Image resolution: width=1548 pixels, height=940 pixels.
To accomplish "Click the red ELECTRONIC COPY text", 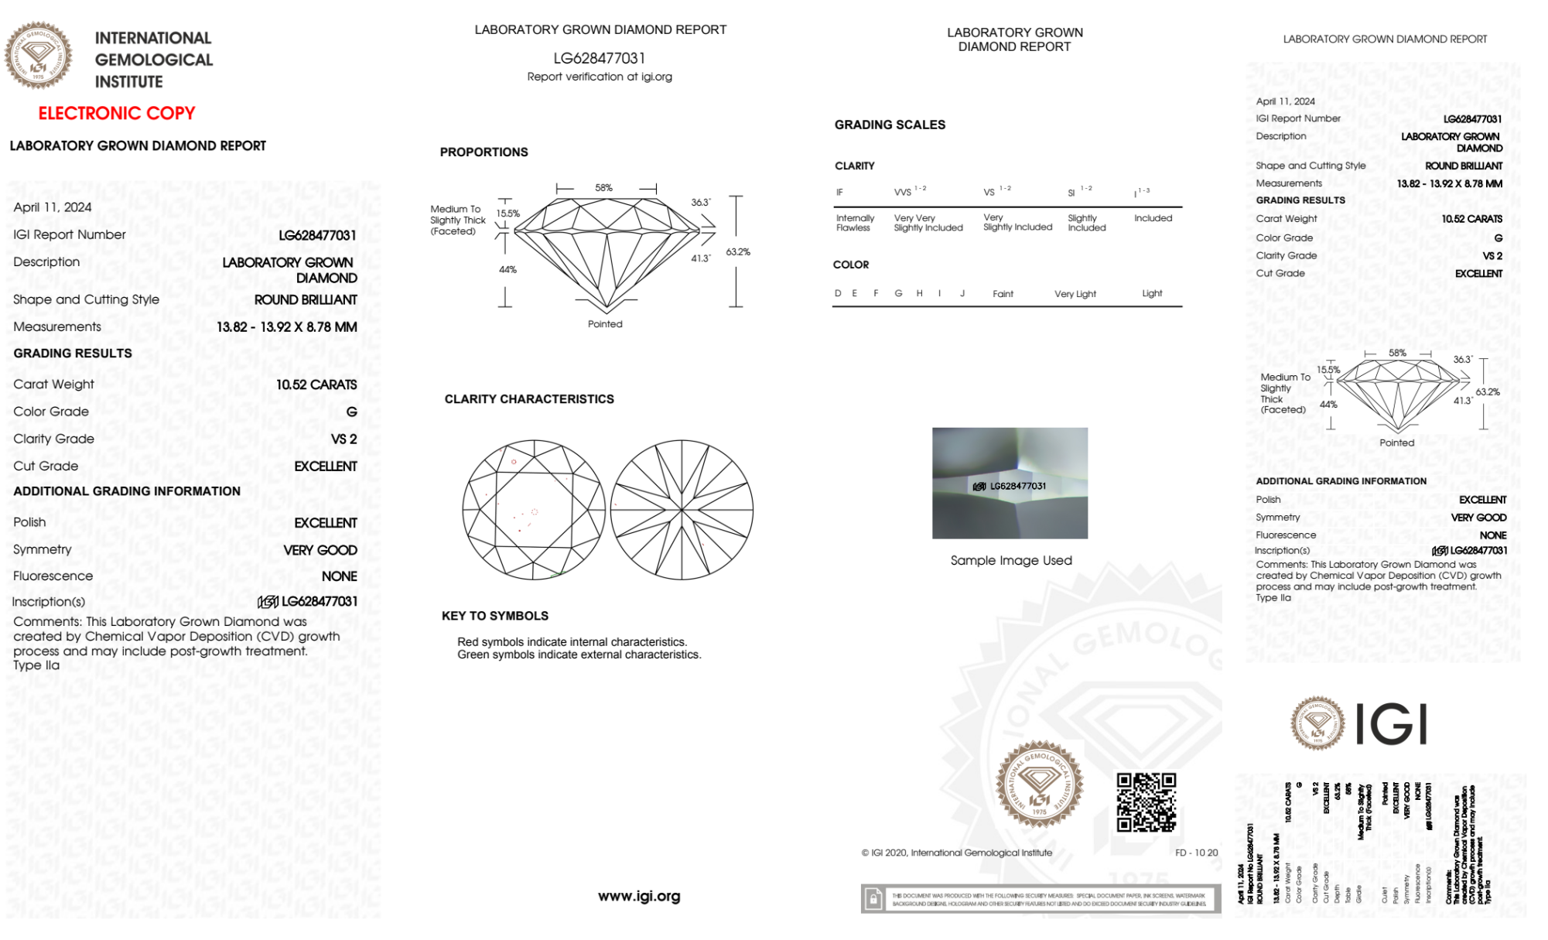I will click(117, 113).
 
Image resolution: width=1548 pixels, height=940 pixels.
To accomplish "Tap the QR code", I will click(1146, 802).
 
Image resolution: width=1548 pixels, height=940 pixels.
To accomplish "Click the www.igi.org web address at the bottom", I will click(639, 896).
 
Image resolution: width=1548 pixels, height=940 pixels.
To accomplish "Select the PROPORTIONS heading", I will click(484, 152).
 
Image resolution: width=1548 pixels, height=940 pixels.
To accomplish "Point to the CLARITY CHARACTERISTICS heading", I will click(529, 398).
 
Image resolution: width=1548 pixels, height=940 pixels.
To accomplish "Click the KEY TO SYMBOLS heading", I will click(495, 616).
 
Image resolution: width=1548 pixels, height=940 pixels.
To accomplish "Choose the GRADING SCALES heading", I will click(890, 125).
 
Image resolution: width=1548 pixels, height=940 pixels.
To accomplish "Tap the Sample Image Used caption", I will click(1011, 560).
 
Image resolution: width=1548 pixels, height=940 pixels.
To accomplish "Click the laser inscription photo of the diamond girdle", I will click(1010, 483).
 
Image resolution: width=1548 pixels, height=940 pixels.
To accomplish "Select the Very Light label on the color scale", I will click(1075, 294).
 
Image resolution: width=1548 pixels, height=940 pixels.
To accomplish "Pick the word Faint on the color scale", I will click(1003, 294).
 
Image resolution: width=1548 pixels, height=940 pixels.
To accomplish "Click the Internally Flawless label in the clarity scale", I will click(854, 223).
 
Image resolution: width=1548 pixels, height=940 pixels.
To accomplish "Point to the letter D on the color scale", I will click(838, 293).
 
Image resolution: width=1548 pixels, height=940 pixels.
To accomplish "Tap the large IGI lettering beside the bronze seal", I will click(1392, 725).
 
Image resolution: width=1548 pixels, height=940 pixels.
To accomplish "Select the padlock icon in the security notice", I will click(873, 899).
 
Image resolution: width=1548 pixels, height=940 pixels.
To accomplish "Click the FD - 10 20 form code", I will click(1196, 853).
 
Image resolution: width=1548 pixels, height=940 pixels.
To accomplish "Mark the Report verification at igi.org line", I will click(600, 77).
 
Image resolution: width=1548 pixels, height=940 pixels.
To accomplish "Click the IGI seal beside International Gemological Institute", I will click(39, 56).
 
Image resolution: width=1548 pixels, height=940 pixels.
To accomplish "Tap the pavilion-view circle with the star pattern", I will click(682, 510).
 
